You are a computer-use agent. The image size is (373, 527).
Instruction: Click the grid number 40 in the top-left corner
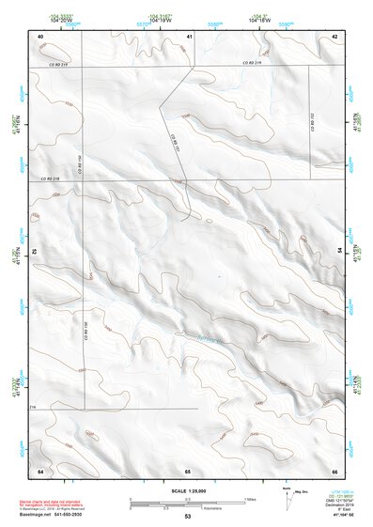coord(40,35)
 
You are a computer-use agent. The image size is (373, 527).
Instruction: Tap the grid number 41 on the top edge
coord(189,35)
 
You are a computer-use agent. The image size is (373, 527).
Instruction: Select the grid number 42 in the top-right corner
coord(334,35)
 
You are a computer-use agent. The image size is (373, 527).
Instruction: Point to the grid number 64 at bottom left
coord(40,469)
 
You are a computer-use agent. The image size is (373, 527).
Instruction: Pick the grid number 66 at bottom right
coord(334,469)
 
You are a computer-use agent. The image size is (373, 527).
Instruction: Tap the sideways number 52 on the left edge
coord(34,252)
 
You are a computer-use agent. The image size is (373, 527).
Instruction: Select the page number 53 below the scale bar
coord(188,517)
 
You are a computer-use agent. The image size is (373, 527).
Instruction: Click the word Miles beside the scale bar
coord(249,498)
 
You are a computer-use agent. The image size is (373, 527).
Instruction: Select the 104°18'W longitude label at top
coord(261,19)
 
